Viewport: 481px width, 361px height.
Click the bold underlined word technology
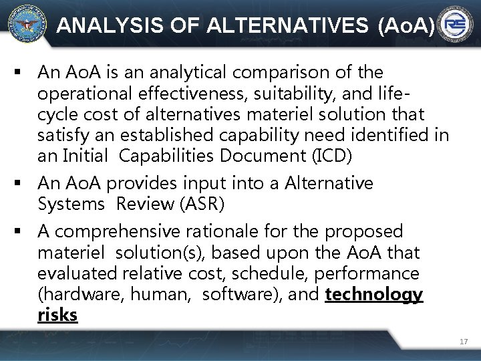tap(373, 295)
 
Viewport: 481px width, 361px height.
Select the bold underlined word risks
tap(57, 315)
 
